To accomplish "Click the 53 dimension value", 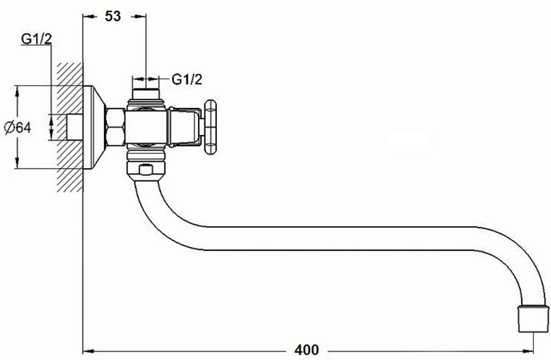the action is tap(113, 16).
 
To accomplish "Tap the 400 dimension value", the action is tap(307, 350).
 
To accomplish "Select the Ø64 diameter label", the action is tap(18, 127).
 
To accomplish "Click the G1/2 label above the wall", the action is tap(36, 39).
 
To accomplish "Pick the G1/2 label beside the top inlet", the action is tap(187, 79).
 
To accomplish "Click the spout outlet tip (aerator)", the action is tap(533, 319).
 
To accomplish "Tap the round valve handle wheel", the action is tap(210, 127).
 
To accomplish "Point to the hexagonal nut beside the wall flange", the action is tap(115, 127).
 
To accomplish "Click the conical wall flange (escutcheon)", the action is tap(94, 127).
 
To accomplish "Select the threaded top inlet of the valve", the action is tap(146, 94).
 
